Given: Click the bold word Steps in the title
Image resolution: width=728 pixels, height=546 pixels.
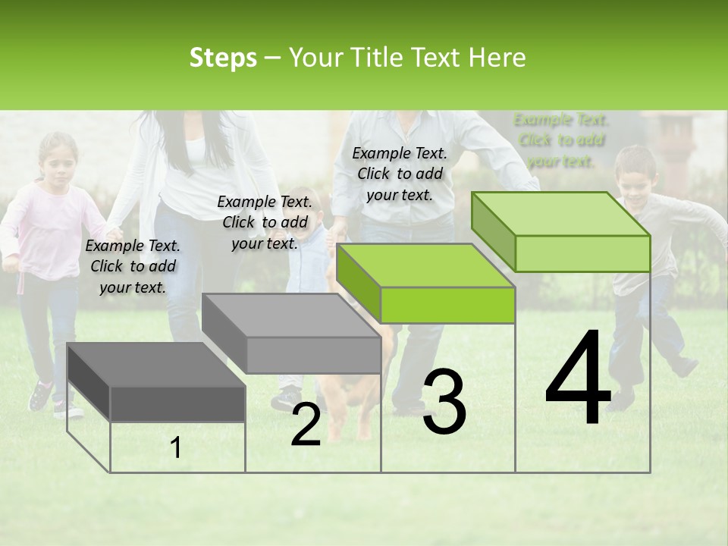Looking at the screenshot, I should [223, 58].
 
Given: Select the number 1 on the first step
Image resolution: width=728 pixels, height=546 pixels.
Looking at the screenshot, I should [176, 448].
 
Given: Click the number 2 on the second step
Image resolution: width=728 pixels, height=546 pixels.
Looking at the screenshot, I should [306, 425].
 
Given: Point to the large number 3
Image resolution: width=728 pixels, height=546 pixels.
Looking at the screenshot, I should [444, 402].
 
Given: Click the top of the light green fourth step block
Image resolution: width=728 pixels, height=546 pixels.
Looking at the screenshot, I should [561, 214].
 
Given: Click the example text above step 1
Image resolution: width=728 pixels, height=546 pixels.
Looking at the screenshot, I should [133, 266].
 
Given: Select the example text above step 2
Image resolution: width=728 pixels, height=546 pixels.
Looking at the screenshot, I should [265, 222].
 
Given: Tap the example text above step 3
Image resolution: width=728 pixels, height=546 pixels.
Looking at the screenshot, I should [400, 174].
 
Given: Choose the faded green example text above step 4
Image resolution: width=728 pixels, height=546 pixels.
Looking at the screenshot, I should [561, 140].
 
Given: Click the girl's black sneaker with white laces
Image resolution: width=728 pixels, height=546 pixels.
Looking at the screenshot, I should [41, 395].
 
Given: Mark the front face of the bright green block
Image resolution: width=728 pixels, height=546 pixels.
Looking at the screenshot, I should [447, 306].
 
